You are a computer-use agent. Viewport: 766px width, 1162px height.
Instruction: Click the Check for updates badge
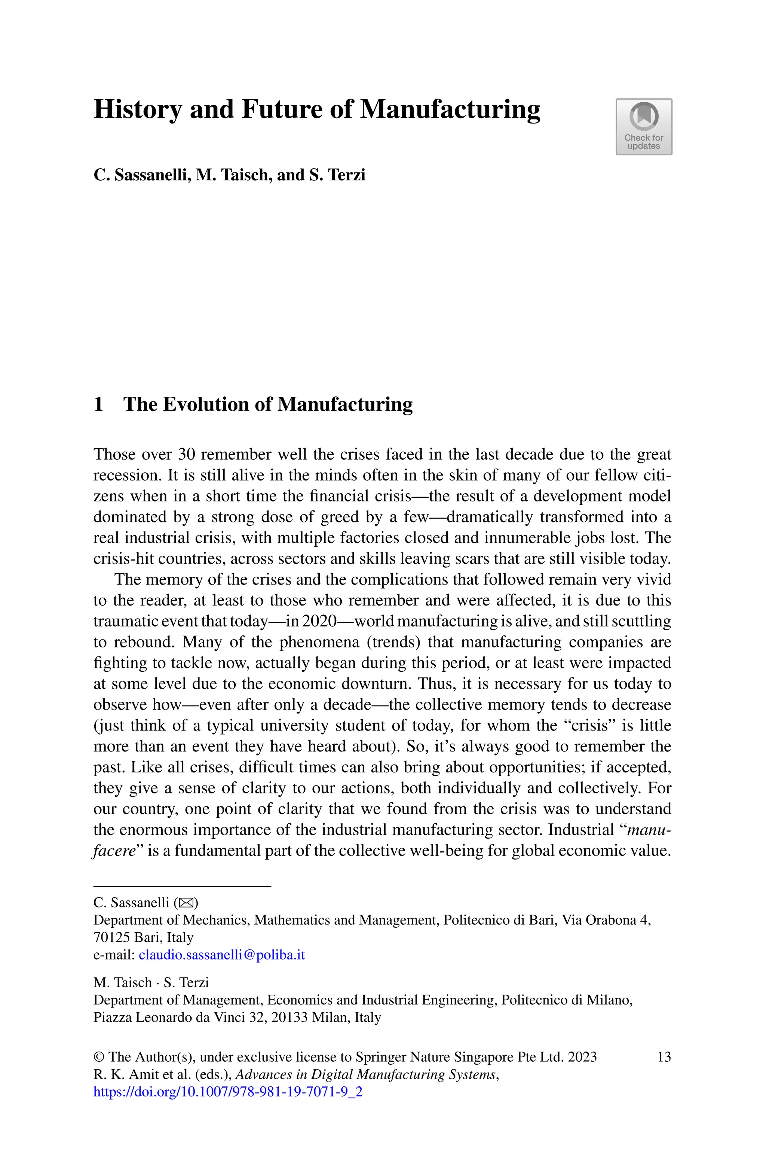coord(643,127)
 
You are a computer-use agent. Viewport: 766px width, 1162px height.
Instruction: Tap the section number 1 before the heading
coord(98,405)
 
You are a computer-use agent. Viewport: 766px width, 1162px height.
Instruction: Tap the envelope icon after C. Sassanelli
coord(186,903)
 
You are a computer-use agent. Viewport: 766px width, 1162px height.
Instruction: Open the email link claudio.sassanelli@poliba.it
coord(222,954)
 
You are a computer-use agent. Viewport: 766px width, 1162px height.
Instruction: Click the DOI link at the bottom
coord(228,1092)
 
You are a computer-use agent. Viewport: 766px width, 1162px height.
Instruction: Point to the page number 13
coord(664,1057)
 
